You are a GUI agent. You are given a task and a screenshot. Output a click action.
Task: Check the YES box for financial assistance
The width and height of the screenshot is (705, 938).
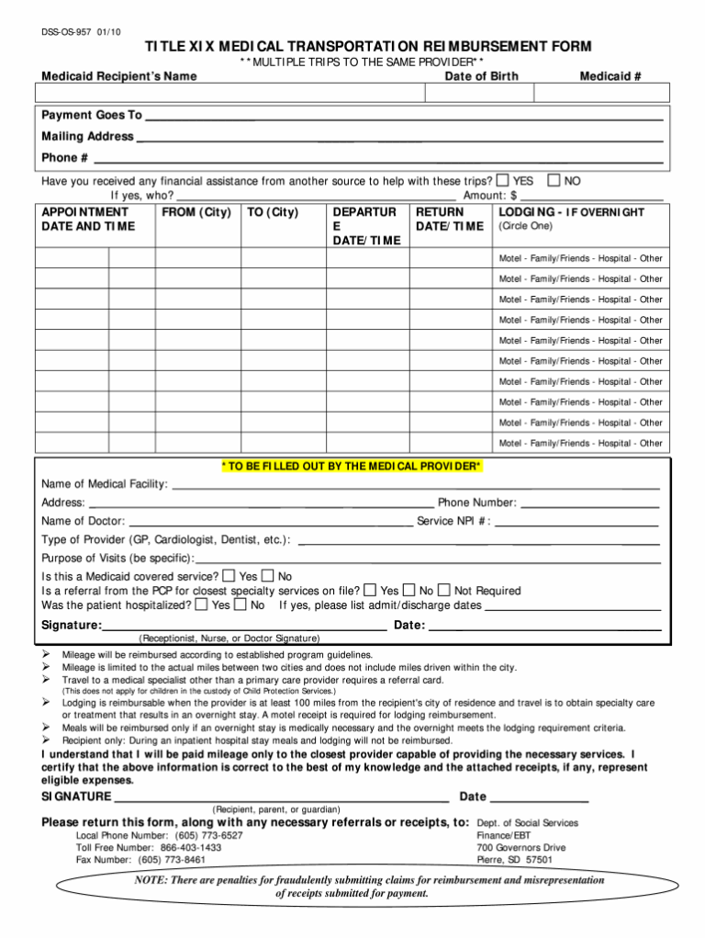503,180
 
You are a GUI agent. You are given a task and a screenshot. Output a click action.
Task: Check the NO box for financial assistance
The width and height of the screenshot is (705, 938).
554,180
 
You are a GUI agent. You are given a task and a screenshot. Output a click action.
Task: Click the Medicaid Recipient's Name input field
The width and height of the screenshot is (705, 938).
230,93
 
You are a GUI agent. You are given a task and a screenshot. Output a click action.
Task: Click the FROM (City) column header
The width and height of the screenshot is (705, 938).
196,212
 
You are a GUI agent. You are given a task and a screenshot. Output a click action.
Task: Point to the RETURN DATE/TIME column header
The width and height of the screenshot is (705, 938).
449,219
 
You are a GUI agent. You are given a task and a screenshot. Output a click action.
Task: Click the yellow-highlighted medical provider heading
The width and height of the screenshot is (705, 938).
351,466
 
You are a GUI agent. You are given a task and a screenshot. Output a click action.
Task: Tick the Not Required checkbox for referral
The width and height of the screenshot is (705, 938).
443,590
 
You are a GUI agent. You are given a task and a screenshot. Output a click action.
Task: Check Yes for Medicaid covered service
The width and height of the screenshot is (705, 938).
229,575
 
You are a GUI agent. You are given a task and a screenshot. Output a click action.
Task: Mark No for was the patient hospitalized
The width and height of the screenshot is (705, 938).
241,605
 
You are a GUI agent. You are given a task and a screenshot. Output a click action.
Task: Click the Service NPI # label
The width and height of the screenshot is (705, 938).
453,521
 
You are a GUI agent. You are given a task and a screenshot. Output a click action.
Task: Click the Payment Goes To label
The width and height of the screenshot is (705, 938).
92,115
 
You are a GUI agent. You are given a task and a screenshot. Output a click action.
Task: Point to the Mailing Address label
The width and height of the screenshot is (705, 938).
87,136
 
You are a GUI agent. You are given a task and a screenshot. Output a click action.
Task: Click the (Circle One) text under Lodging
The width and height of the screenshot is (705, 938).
525,226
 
